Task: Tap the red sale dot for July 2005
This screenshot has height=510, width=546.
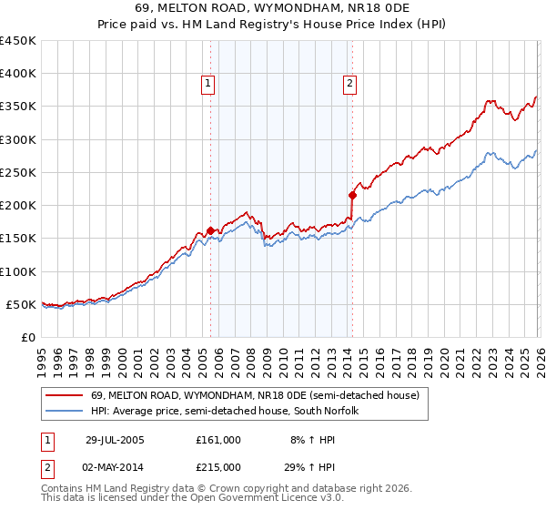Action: pyautogui.click(x=211, y=231)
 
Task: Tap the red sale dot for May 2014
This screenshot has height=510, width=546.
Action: pyautogui.click(x=352, y=194)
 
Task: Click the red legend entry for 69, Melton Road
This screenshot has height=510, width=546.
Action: pyautogui.click(x=255, y=396)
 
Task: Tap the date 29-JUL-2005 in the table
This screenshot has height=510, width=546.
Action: pyautogui.click(x=115, y=440)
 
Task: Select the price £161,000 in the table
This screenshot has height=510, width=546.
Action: pyautogui.click(x=218, y=440)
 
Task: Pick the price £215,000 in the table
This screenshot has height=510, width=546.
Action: pyautogui.click(x=218, y=467)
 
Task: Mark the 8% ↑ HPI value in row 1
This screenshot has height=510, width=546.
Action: pyautogui.click(x=310, y=440)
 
